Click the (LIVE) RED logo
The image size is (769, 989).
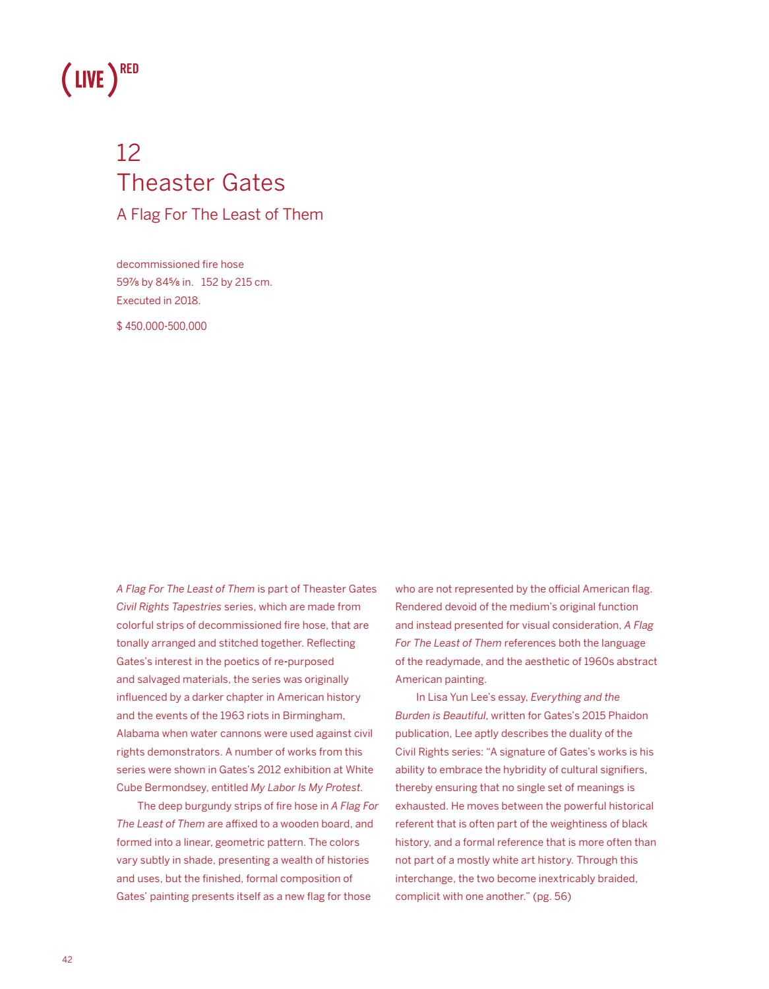pos(100,79)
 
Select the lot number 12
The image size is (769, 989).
pos(129,152)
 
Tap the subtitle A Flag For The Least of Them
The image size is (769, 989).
pos(220,214)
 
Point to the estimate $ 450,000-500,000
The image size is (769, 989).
pos(162,326)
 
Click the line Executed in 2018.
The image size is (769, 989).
pos(158,300)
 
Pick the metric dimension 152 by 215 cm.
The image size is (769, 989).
pos(236,282)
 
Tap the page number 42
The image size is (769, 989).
pos(67,959)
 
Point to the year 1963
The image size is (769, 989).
pos(214,715)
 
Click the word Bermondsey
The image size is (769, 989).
pos(173,788)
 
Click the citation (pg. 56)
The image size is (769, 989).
pos(551,896)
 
